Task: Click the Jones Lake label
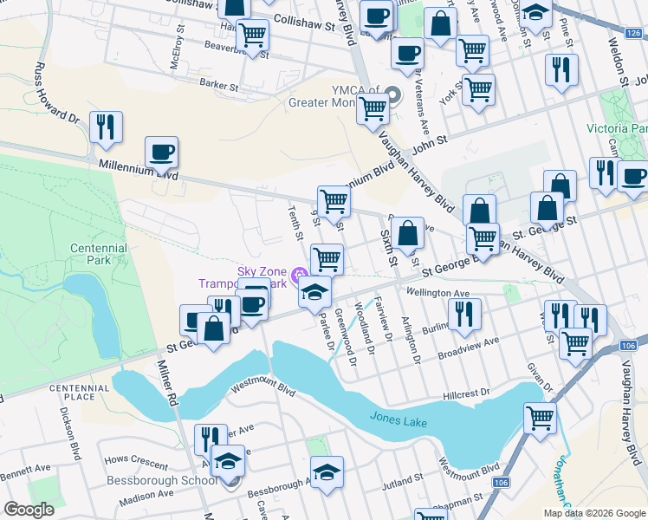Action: tap(399, 417)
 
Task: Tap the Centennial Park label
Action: tap(100, 254)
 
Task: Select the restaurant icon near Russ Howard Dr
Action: tap(106, 127)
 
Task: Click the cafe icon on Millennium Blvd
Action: tap(161, 153)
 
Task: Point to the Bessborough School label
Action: tap(161, 480)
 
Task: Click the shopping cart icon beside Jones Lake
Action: tap(541, 418)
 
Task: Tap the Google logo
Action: tap(29, 510)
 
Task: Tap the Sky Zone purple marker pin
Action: tap(300, 276)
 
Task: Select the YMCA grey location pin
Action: tap(394, 95)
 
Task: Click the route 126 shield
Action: tap(634, 33)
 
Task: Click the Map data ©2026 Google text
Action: tap(593, 513)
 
